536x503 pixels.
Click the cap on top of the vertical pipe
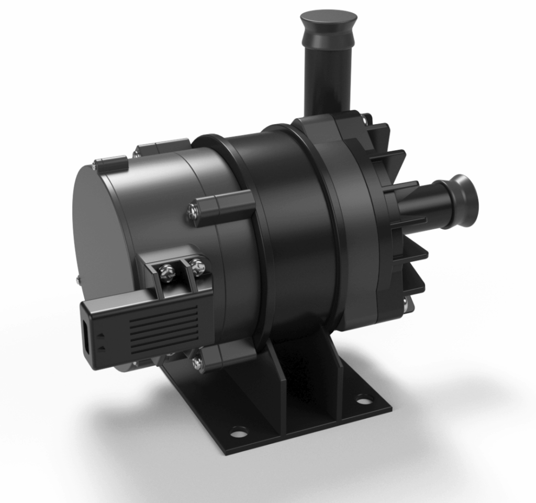coord(328,21)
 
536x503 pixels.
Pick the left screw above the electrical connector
coord(166,272)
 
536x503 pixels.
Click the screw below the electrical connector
coord(197,361)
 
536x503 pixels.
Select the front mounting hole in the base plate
coord(239,432)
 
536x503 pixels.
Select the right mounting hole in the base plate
coord(363,400)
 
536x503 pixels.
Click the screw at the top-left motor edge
coord(94,166)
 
